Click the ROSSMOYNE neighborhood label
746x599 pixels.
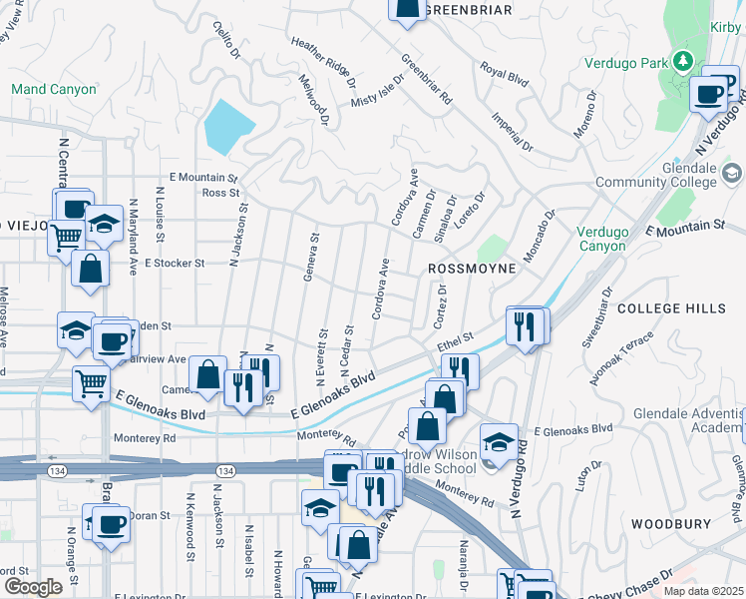(472, 270)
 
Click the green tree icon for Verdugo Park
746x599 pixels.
(682, 62)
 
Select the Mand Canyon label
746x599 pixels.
(54, 90)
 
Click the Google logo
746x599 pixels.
(33, 586)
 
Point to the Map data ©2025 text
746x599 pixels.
(702, 590)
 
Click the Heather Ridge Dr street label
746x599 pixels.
(322, 60)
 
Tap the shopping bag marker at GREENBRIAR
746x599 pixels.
(406, 10)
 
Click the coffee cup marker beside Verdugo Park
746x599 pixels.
(709, 95)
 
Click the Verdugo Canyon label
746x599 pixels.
(602, 239)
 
